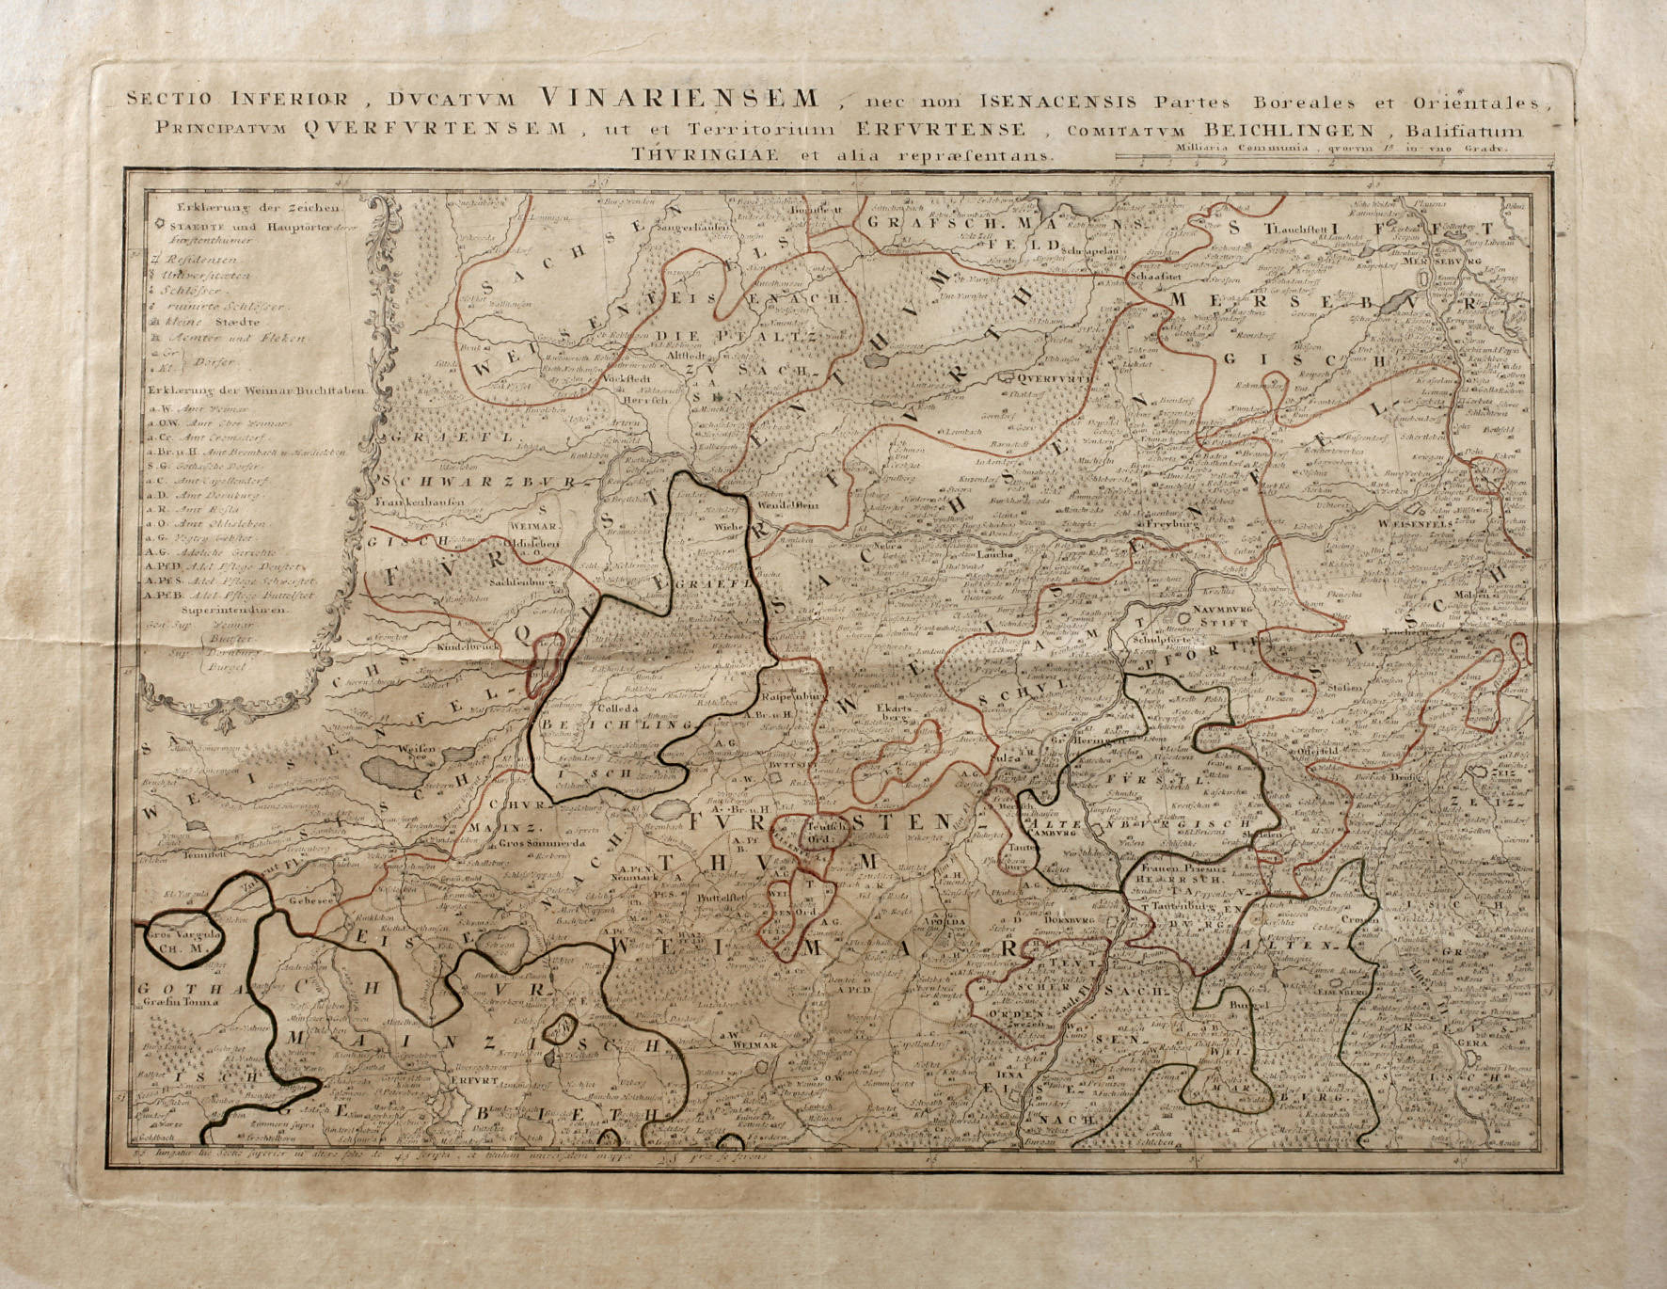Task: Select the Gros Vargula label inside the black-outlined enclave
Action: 183,934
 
